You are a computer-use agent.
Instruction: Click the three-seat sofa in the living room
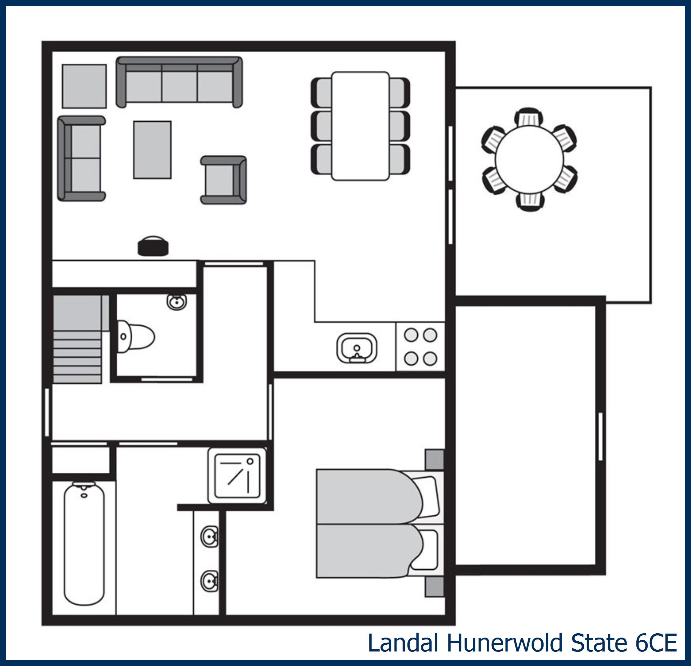click(x=179, y=82)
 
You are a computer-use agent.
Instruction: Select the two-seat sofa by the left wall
click(x=82, y=158)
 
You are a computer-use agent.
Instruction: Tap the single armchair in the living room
click(x=224, y=180)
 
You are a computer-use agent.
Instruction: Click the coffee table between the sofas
click(x=152, y=150)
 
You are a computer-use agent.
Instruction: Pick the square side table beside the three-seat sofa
click(x=84, y=86)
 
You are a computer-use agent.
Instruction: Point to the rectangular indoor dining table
click(x=360, y=126)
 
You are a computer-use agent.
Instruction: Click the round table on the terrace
click(x=529, y=160)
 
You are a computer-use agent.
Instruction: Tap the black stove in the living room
click(x=153, y=246)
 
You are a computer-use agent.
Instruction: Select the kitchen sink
click(x=356, y=348)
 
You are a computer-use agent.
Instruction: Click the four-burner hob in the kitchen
click(x=420, y=347)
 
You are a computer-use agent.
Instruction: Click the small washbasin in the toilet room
click(x=177, y=302)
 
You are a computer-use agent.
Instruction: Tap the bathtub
click(x=84, y=544)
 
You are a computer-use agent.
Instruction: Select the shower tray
click(x=237, y=476)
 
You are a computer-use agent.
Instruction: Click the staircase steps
click(x=77, y=357)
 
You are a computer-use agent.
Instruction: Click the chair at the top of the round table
click(x=529, y=118)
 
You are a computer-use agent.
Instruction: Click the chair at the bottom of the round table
click(x=530, y=202)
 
